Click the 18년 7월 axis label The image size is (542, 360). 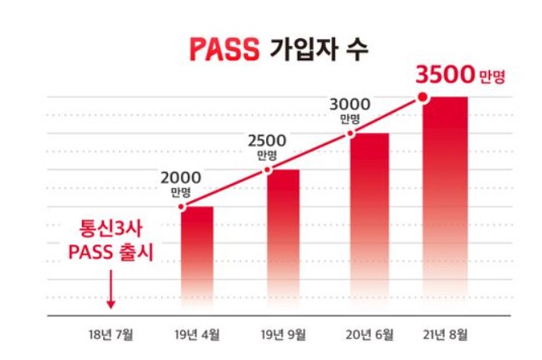point(110,333)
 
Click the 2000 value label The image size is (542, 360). point(182,178)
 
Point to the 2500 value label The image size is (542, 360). point(269,139)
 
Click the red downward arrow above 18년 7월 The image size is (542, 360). point(111,295)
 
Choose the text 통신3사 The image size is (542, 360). point(110,227)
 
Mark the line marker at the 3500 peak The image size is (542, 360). point(423,98)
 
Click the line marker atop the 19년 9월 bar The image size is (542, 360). point(269,169)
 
